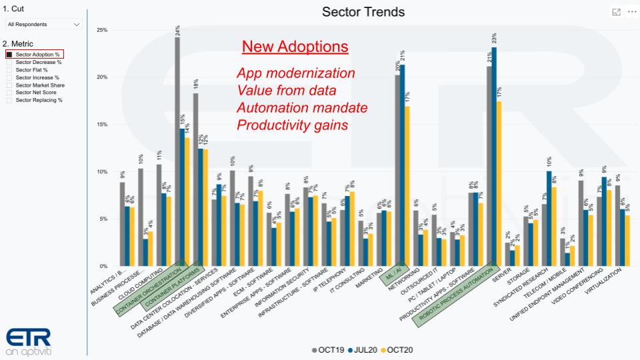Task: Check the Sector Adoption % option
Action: click(9, 54)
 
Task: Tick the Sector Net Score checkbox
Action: click(9, 93)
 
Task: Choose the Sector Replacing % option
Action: click(9, 100)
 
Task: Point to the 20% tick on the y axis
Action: click(102, 77)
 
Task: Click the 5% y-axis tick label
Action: click(103, 219)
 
